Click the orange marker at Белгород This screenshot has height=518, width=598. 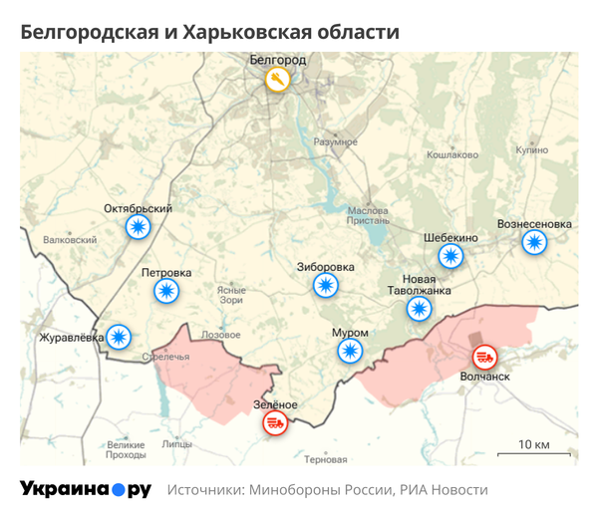pos(278,80)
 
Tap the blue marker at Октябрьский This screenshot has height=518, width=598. pos(138,228)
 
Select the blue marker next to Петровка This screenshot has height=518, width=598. pos(166,291)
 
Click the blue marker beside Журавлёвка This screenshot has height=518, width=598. pos(119,337)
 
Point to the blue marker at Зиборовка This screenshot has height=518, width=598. pos(325,286)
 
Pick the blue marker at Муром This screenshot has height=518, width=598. pos(349,351)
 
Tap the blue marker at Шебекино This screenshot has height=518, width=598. pos(450,257)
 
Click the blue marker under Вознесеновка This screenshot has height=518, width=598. pos(535,242)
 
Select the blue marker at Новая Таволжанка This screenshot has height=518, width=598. pos(420,309)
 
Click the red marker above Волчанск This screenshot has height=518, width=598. pos(485,356)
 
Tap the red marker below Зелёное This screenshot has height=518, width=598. pos(274,423)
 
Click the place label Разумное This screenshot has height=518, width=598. pos(335,142)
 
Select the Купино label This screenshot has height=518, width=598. pos(531,149)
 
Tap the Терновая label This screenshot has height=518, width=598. pos(326,460)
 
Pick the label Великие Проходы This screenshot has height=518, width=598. pos(126,449)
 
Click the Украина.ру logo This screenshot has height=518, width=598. pos(86,489)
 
